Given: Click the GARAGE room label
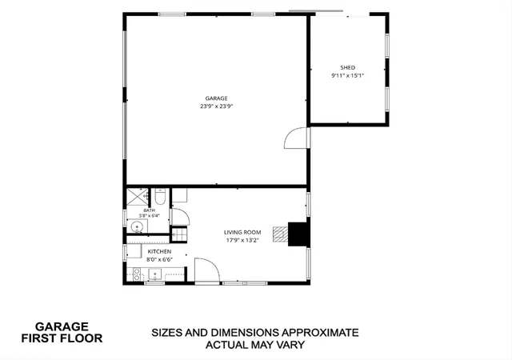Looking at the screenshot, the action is click(216, 98).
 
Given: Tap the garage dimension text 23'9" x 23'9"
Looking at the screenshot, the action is click(217, 106).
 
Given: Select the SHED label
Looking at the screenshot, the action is click(348, 68).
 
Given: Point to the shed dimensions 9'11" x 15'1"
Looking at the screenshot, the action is click(348, 75).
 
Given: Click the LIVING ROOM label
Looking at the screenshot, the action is click(242, 232).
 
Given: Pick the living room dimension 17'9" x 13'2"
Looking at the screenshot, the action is click(242, 241).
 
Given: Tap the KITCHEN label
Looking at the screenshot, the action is click(159, 251).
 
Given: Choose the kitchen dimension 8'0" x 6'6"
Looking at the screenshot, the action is click(159, 260).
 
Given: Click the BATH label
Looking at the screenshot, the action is click(150, 210).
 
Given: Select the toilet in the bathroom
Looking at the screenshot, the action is click(160, 196).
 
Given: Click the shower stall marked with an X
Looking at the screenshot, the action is click(137, 197).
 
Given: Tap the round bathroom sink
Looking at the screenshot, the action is click(137, 226).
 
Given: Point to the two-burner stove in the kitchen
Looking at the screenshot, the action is click(137, 274).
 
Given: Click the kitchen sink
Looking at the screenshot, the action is click(155, 274).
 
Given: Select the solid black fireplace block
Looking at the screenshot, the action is click(298, 234).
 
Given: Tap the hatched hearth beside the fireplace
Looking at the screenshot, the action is click(281, 234).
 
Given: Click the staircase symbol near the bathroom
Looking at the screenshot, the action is click(179, 234).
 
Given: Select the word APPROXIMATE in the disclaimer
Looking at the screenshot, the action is click(320, 333).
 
